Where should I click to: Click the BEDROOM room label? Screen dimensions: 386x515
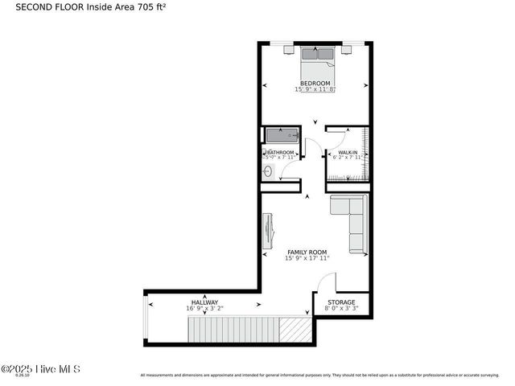pyautogui.click(x=315, y=83)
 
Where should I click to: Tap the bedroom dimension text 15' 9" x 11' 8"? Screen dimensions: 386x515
pyautogui.click(x=315, y=89)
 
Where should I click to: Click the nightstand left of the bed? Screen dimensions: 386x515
pyautogui.click(x=289, y=49)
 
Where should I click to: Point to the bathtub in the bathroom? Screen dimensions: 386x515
pyautogui.click(x=281, y=135)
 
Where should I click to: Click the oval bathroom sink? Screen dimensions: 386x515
pyautogui.click(x=268, y=171)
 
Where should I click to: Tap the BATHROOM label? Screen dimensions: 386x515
pyautogui.click(x=280, y=152)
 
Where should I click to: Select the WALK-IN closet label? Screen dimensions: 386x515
pyautogui.click(x=348, y=152)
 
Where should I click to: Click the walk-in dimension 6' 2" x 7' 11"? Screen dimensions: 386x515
pyautogui.click(x=348, y=158)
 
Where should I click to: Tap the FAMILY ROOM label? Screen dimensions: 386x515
pyautogui.click(x=307, y=252)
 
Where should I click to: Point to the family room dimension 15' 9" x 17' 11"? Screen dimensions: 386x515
pyautogui.click(x=307, y=258)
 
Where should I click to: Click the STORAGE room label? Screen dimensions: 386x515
pyautogui.click(x=340, y=302)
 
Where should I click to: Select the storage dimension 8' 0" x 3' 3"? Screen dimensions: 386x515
pyautogui.click(x=340, y=308)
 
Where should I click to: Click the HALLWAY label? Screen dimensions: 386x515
pyautogui.click(x=204, y=302)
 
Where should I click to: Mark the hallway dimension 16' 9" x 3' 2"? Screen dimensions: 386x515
pyautogui.click(x=204, y=308)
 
